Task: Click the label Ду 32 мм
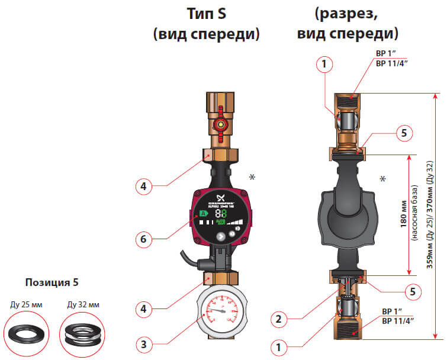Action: pos(81,306)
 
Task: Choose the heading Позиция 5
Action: pos(52,281)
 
